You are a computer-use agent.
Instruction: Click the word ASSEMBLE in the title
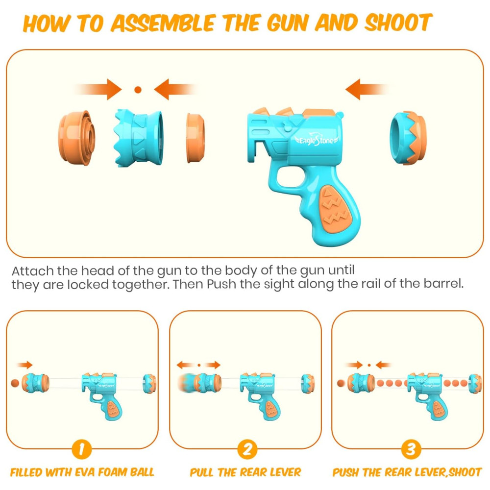point(162,24)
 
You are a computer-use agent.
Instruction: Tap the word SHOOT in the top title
point(398,23)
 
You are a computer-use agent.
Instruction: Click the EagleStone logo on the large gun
point(317,140)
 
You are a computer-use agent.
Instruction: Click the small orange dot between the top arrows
point(138,90)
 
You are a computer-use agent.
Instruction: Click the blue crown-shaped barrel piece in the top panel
point(139,138)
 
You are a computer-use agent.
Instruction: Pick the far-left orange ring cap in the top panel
point(76,138)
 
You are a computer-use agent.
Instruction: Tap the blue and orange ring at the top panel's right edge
point(408,138)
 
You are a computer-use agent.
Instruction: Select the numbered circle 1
point(81,449)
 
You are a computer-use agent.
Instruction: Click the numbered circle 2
point(247,449)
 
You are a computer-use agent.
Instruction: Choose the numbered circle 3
point(411,449)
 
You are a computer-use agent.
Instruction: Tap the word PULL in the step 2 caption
point(202,472)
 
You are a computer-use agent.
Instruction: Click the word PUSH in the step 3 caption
point(344,472)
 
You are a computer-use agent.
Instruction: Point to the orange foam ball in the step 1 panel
point(15,383)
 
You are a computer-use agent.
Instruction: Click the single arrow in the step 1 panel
point(24,365)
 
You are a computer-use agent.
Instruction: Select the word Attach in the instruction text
point(32,271)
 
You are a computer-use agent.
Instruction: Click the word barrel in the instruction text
point(443,283)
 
